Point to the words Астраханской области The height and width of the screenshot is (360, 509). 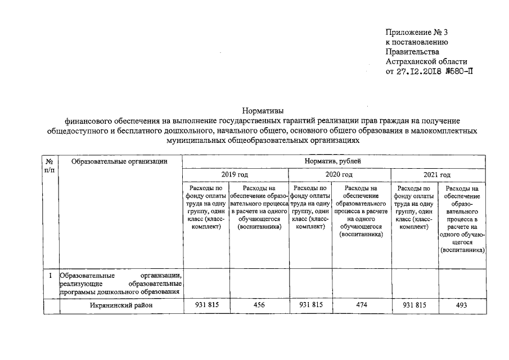pos(426,62)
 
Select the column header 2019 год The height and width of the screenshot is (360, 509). pos(235,175)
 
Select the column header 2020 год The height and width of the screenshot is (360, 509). pos(339,175)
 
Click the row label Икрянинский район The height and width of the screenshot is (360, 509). pos(120,305)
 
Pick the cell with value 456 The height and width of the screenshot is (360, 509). pos(259,305)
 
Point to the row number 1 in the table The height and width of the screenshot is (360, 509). pos(51,276)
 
